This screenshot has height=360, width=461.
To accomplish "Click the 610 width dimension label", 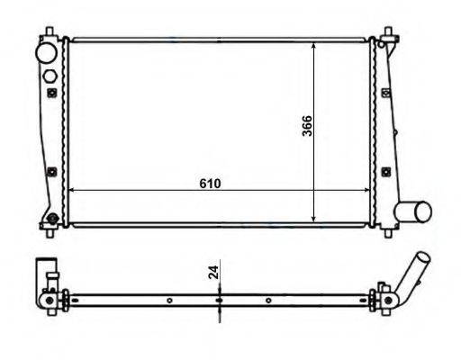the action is (210, 184).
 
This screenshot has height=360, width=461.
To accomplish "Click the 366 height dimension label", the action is (307, 126).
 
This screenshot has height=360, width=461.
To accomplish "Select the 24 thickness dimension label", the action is (213, 273).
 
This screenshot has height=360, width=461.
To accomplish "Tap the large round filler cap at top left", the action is (46, 53).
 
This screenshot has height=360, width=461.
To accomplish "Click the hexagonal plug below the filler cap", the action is (50, 76).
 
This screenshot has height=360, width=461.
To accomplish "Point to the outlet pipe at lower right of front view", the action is (412, 212).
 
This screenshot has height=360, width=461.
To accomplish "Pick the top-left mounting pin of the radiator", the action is (50, 31).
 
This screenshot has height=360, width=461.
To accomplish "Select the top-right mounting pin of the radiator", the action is (388, 31).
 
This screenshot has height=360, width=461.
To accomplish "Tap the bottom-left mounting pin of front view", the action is (50, 232).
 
